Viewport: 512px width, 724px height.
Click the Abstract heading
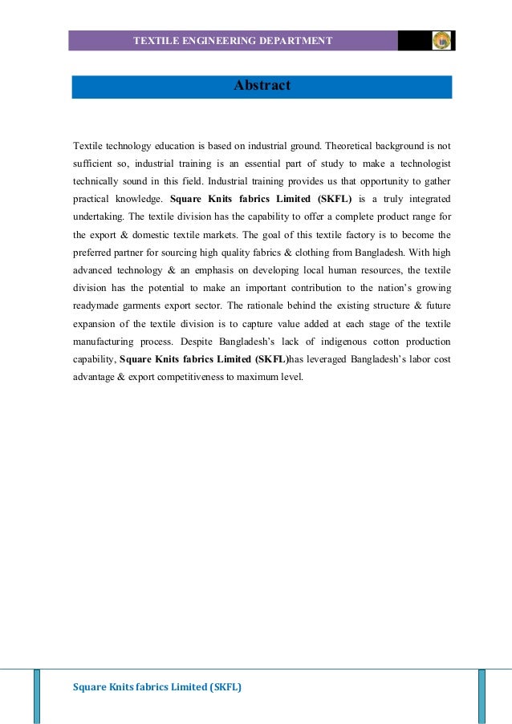tap(262, 85)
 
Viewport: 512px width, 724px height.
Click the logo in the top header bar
tap(441, 40)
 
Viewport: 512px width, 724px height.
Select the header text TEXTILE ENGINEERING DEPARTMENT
tap(232, 40)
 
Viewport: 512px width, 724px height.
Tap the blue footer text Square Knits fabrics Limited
tap(157, 687)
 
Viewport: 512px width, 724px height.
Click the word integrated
tap(424, 198)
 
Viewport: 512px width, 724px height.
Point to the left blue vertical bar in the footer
tap(37, 696)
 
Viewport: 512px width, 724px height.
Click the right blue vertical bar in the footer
tap(482, 696)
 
